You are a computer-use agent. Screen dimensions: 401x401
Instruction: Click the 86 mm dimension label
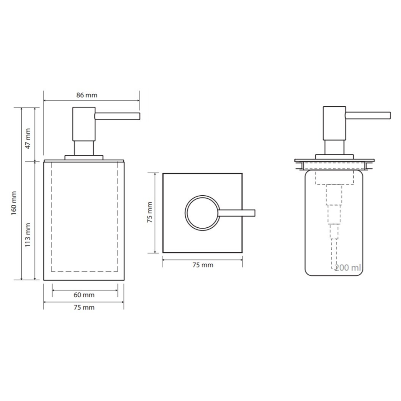87,95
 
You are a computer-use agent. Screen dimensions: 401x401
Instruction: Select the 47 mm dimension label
28,138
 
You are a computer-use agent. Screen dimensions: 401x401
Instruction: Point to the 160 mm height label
14,203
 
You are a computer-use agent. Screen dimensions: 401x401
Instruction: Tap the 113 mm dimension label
28,235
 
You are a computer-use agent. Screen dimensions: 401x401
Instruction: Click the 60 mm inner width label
84,295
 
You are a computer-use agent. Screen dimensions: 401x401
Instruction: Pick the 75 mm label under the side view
84,308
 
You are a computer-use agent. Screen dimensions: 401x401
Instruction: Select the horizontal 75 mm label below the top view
203,265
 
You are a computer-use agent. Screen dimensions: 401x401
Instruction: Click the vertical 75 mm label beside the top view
150,212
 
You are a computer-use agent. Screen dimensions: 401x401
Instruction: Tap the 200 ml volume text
348,267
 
